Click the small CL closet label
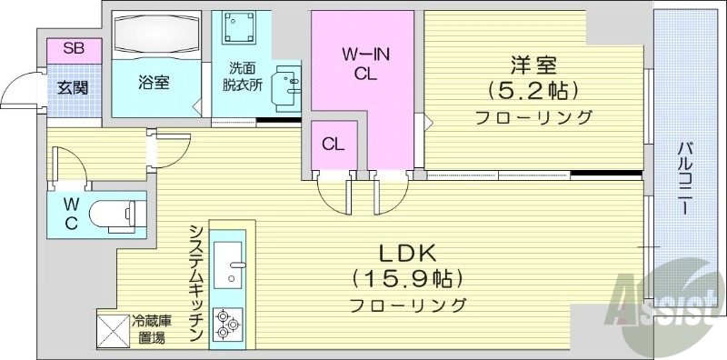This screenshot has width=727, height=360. coord(332,144)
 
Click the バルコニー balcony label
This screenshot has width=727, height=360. coord(689,177)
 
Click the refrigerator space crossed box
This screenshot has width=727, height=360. coord(113,329)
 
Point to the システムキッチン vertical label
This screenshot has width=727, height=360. coord(195,283)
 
